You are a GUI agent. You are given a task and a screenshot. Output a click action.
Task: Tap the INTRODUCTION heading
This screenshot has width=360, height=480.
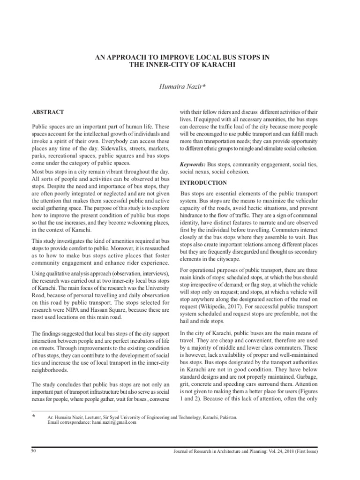[x=203, y=183]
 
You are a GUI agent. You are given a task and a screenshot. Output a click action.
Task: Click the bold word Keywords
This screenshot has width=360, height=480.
[x=193, y=165]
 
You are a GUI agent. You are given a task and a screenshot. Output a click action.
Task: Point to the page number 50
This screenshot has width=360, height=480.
[x=33, y=450]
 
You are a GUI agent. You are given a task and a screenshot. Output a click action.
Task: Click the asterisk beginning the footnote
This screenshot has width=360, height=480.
[x=33, y=416]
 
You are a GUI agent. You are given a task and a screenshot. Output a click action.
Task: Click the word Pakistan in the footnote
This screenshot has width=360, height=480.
[x=227, y=417]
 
